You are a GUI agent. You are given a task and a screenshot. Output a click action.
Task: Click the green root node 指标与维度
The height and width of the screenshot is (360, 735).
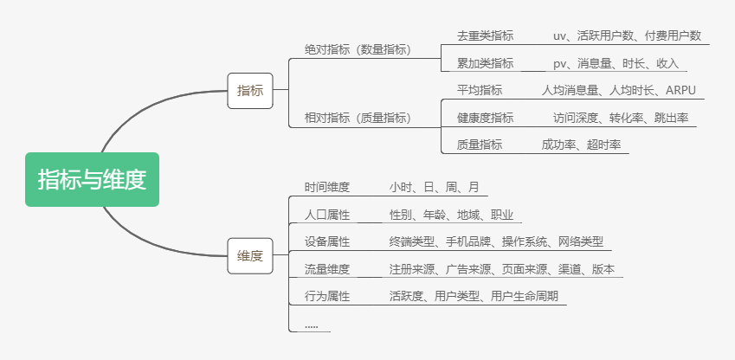click(92, 180)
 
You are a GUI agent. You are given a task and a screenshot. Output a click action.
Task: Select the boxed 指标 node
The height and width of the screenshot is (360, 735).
click(250, 90)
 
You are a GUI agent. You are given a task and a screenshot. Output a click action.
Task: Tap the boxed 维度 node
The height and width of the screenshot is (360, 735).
click(250, 255)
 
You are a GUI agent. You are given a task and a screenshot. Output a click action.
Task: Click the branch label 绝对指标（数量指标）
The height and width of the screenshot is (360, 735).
click(358, 49)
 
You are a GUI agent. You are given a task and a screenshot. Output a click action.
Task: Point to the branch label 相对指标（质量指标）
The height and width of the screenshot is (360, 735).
click(358, 117)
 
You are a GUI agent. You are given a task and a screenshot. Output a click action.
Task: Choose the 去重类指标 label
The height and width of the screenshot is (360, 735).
click(485, 35)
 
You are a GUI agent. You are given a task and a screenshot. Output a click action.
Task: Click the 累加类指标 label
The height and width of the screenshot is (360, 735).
click(485, 63)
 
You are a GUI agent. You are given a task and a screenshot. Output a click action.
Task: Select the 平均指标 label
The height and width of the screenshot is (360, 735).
click(480, 90)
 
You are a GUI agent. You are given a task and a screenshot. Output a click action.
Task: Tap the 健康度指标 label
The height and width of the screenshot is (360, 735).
click(485, 118)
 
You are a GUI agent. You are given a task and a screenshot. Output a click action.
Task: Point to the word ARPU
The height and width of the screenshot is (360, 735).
click(680, 90)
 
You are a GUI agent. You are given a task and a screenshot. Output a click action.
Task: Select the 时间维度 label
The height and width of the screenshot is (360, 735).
click(327, 187)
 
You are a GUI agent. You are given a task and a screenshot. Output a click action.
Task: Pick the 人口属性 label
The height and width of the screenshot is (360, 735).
click(327, 215)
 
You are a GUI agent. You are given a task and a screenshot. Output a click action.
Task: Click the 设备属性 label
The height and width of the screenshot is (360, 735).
click(327, 241)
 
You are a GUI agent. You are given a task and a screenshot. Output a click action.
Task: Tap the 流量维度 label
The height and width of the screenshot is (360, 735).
click(327, 269)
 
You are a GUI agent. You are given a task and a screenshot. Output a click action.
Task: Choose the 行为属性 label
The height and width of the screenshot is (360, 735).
click(327, 296)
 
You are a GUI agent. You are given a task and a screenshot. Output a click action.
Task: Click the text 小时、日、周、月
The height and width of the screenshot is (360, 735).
click(434, 187)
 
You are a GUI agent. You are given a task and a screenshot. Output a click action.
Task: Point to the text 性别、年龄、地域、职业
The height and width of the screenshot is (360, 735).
click(451, 215)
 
